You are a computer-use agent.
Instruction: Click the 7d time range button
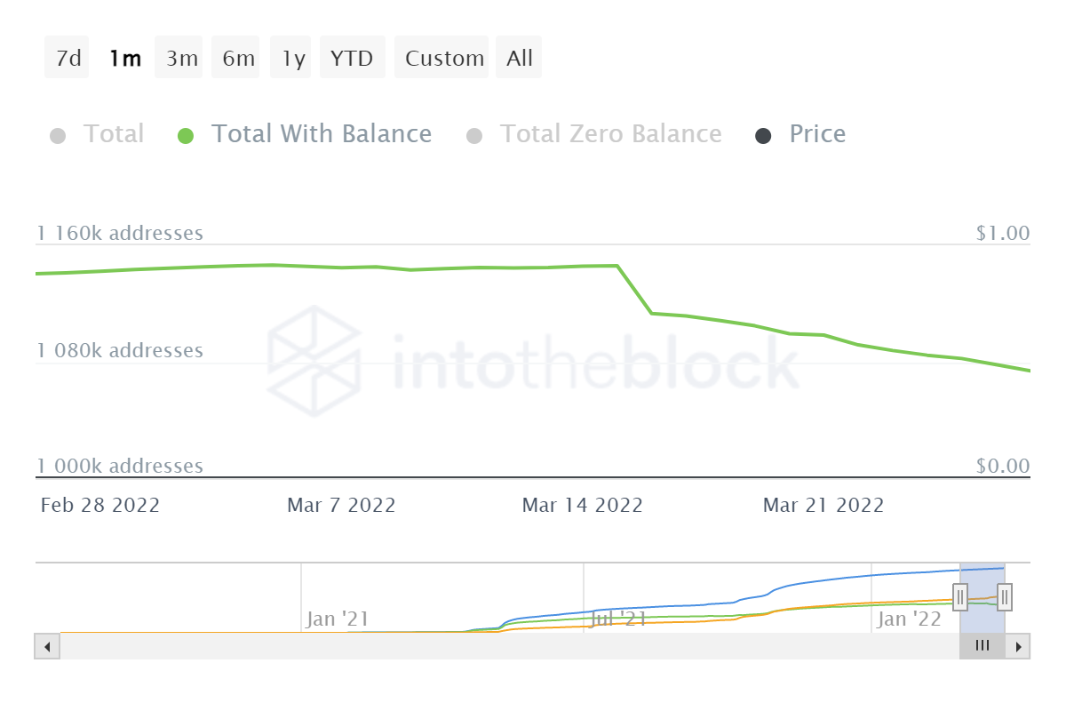coord(68,59)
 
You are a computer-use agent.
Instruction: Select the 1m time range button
coord(124,59)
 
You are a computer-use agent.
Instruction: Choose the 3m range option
coord(181,59)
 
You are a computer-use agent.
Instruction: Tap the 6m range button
coord(238,59)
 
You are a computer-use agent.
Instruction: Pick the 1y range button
coord(293,59)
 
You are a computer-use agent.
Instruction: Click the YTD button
coord(352,59)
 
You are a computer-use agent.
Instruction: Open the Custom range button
coord(444,59)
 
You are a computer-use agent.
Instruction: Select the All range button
coord(520,59)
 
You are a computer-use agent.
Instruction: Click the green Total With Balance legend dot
coord(186,136)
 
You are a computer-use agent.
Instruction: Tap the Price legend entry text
coord(817,134)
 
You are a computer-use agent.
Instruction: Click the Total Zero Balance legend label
coord(610,134)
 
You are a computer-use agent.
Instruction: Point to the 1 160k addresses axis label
coord(120,234)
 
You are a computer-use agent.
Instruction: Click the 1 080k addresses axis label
coord(120,351)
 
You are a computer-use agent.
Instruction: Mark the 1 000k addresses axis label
coord(120,467)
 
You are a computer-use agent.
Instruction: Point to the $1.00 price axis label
coord(1003,234)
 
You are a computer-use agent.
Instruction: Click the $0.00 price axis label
coord(1003,467)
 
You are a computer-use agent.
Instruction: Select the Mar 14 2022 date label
coord(582,506)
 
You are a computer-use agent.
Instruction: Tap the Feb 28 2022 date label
coord(100,506)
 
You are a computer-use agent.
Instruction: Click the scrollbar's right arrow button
coord(1019,646)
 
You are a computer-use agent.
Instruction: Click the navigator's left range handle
coord(960,596)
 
